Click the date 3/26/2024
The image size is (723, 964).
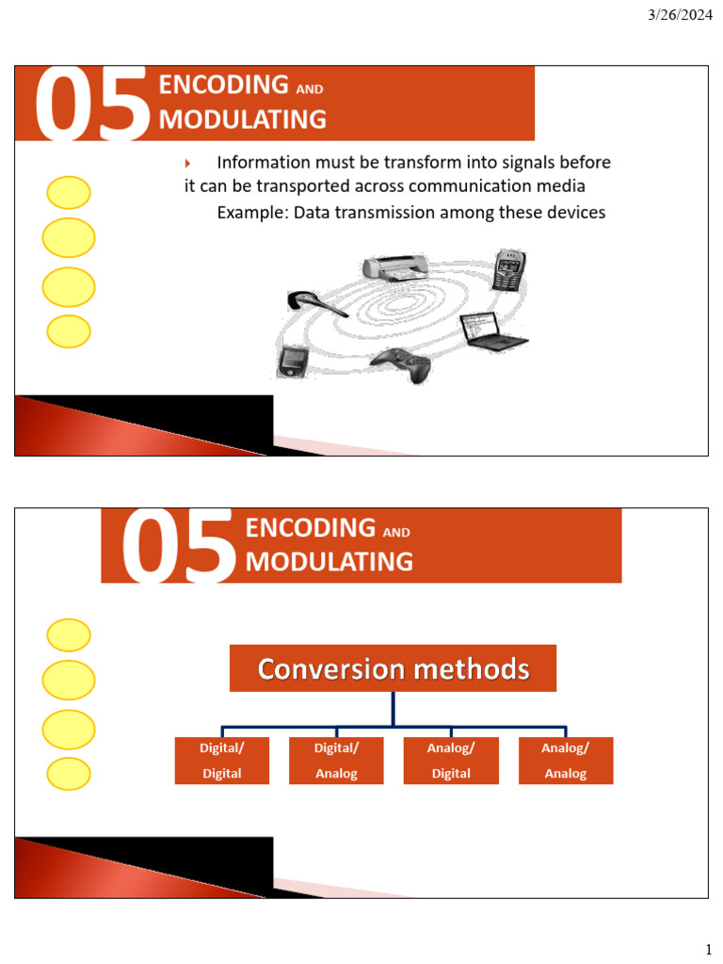point(680,15)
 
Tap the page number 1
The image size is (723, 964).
point(708,949)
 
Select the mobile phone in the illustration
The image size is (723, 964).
point(508,270)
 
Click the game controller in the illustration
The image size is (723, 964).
point(400,364)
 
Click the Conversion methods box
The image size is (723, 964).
point(393,668)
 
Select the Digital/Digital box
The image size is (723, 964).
point(222,761)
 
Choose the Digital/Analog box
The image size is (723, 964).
point(336,761)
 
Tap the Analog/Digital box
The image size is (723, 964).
point(451,761)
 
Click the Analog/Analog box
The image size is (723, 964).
point(566,761)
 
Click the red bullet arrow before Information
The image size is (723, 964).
point(187,164)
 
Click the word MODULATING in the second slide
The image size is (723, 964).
point(329,562)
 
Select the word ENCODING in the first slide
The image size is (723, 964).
point(224,85)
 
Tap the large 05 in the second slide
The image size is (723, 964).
point(178,547)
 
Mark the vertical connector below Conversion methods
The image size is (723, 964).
point(393,709)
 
